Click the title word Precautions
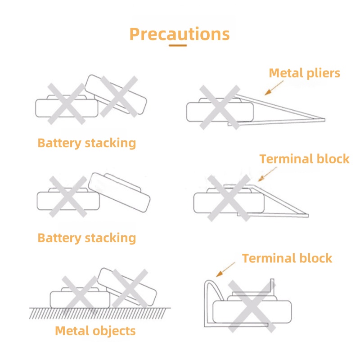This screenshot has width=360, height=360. point(179,34)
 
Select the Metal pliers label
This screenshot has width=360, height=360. point(304,73)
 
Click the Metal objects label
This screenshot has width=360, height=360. point(95,331)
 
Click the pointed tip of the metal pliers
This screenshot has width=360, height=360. point(323,119)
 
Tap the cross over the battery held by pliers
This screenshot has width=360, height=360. point(219,108)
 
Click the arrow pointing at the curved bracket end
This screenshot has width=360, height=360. point(225,270)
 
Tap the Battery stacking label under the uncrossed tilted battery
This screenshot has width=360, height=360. point(86,238)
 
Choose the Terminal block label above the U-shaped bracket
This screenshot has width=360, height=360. point(287,258)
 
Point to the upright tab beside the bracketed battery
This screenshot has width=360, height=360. point(272,288)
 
